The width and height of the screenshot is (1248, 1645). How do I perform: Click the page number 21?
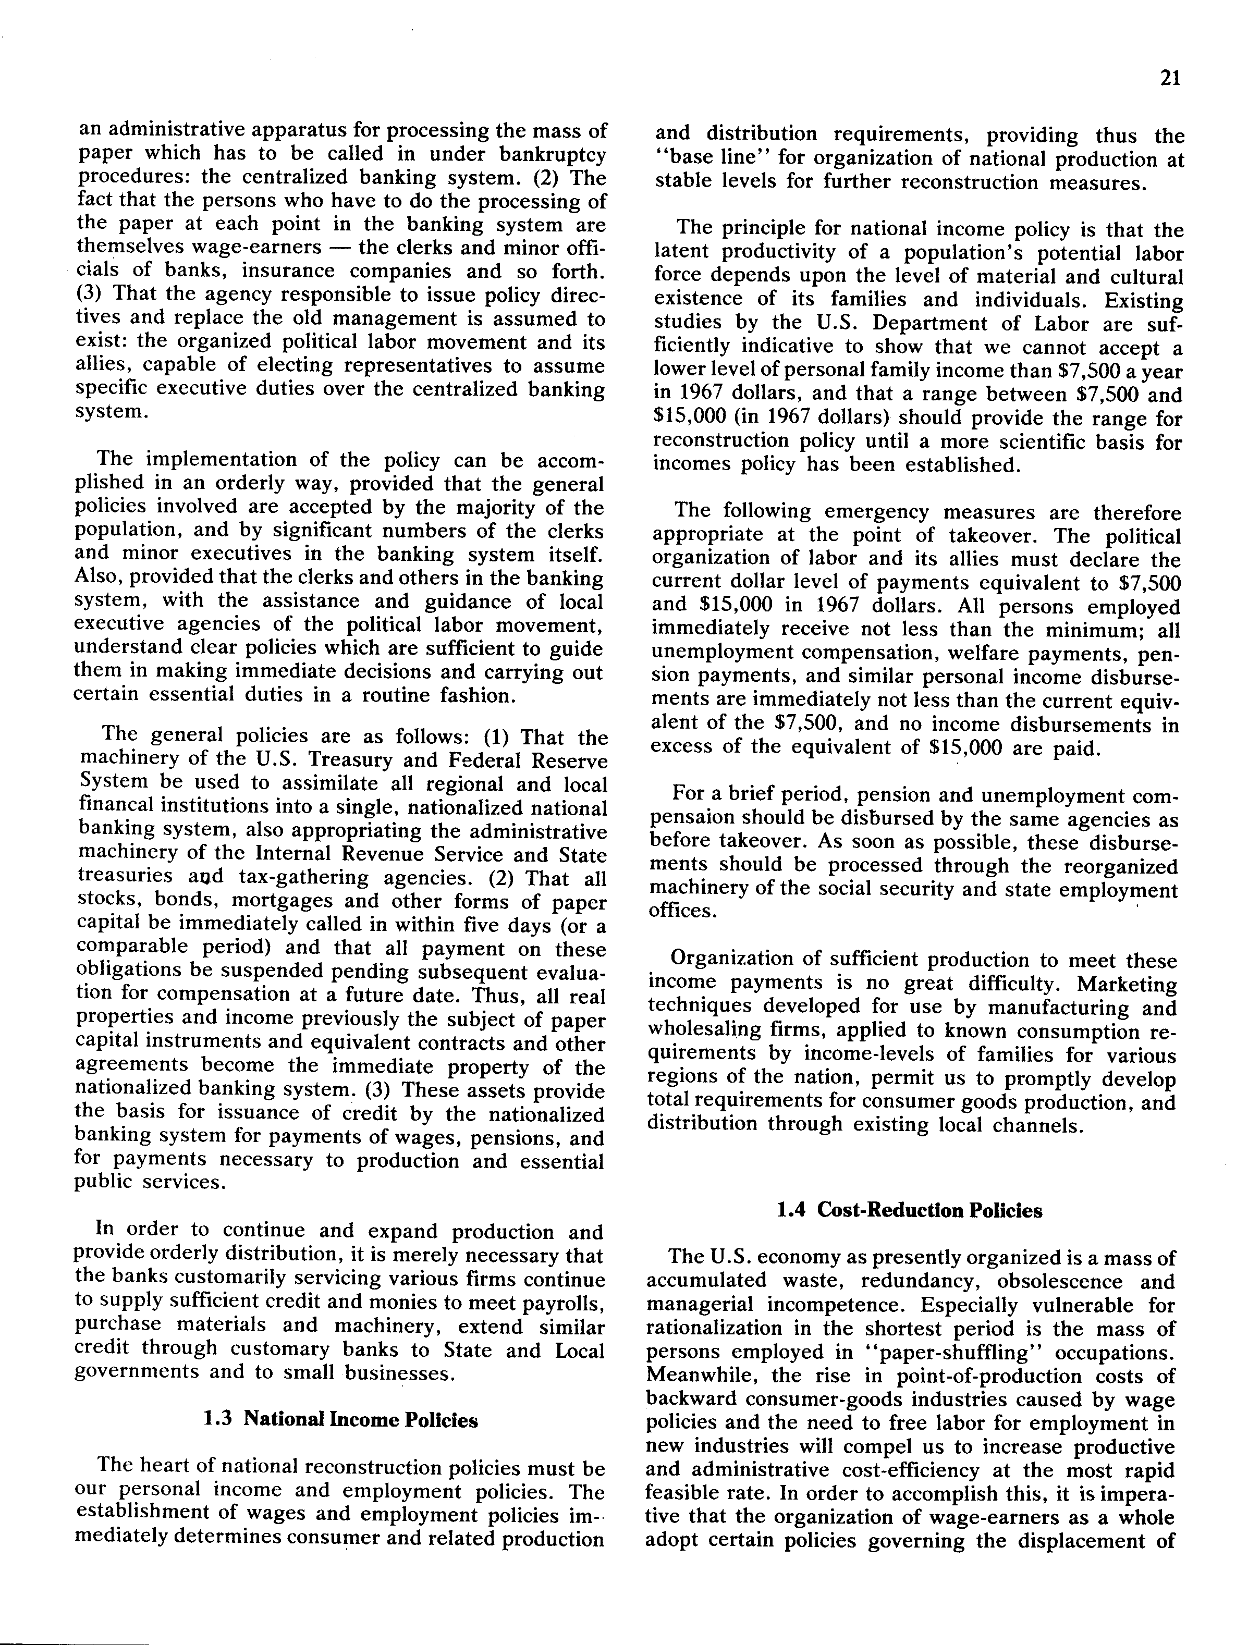(1170, 78)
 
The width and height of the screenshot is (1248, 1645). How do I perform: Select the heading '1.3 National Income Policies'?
(340, 1420)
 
